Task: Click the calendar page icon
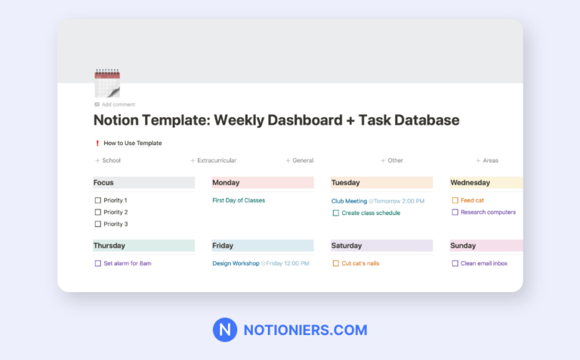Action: [x=107, y=83]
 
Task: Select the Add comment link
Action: [x=118, y=104]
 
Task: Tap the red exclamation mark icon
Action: [x=97, y=143]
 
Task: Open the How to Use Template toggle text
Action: [x=132, y=143]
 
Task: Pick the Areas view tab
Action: [x=490, y=160]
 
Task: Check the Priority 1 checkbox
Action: [x=97, y=200]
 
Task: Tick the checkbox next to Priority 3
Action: [x=97, y=224]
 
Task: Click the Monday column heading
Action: [x=226, y=182]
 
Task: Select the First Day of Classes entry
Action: [x=239, y=200]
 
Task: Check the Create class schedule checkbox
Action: [x=335, y=213]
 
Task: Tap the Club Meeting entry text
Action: [x=349, y=201]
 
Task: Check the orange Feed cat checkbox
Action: [x=455, y=200]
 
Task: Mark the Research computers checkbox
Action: [x=455, y=213]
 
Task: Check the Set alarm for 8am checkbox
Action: [x=97, y=263]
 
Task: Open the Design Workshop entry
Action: [x=236, y=263]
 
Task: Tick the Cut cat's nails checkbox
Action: [x=335, y=263]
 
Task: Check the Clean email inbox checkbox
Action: [x=455, y=263]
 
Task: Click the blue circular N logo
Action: [x=225, y=331]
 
